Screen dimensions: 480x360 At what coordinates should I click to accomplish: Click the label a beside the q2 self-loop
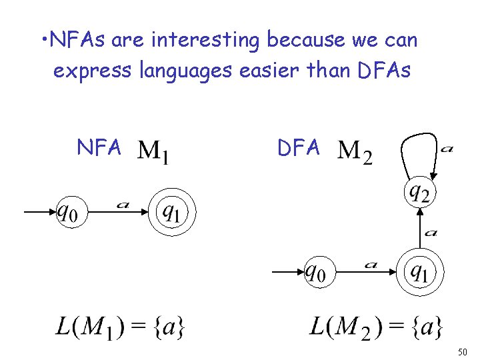447,149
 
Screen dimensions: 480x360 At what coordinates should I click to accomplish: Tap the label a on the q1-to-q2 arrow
431,233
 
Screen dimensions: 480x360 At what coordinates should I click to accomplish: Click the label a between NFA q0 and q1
122,205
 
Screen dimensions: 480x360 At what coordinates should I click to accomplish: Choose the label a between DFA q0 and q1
371,265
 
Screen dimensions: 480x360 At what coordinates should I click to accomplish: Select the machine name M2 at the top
355,152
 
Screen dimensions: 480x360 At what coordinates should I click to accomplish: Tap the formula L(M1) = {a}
120,327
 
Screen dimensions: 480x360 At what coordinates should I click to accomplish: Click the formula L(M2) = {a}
376,327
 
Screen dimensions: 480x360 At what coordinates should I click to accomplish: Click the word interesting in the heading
206,41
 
